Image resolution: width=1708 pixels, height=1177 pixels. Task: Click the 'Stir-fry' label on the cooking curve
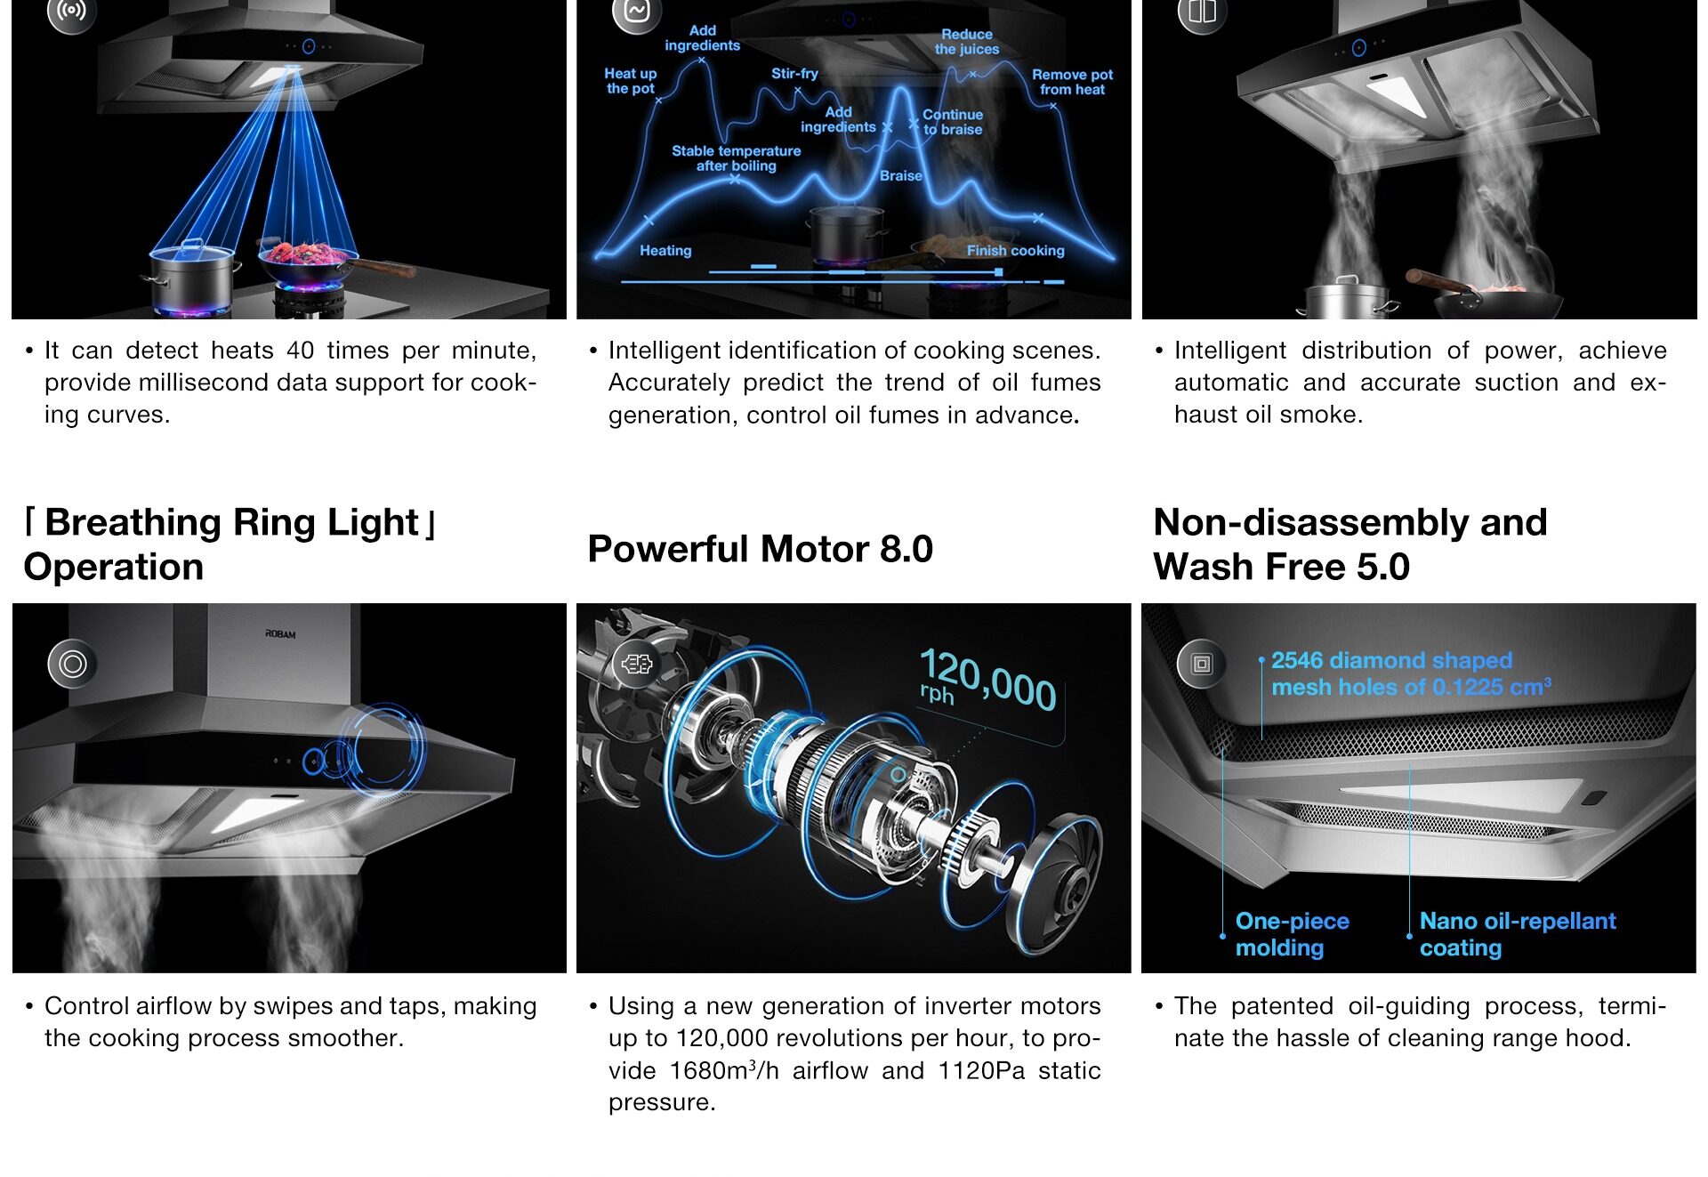794,74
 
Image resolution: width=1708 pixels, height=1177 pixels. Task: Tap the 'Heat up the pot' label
631,81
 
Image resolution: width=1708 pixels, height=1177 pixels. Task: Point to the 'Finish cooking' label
1015,251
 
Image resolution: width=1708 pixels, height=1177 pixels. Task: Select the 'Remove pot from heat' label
1072,82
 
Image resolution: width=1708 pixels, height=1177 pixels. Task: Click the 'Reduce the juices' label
967,42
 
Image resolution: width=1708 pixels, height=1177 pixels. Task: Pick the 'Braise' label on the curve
900,176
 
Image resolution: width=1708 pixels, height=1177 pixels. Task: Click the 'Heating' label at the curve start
665,251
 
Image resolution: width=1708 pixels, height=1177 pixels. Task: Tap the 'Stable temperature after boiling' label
736,158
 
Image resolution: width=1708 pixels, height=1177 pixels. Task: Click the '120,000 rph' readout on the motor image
987,680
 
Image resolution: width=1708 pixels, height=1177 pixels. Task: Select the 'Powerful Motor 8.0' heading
761,549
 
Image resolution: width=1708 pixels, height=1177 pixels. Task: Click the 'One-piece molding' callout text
1292,934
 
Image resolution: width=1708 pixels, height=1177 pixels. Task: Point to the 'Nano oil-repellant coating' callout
1518,934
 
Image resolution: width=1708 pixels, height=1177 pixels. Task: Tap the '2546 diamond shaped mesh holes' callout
1411,673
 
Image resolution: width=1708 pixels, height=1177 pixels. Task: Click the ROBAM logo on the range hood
280,634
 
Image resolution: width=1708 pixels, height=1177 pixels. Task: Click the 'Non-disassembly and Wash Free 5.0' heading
1350,544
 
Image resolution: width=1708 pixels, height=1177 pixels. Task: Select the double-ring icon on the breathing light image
73,664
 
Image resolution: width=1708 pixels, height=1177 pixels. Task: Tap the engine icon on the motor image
637,664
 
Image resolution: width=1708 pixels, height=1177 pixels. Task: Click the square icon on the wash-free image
1202,664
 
